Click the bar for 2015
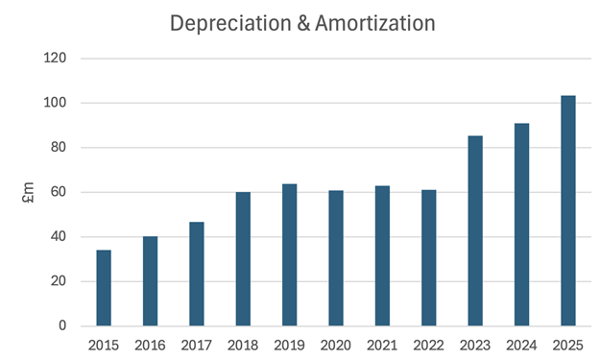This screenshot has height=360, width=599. click(x=104, y=288)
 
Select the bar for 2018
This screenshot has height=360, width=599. click(x=243, y=259)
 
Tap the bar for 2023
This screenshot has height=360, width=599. click(x=475, y=230)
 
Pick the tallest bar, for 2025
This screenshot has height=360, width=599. click(x=568, y=211)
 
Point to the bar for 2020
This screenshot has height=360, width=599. click(x=336, y=258)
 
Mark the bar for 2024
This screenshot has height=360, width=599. click(x=521, y=225)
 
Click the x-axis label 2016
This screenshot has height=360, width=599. click(x=150, y=343)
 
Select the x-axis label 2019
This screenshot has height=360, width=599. click(x=289, y=343)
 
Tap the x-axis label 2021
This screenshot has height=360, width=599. click(x=382, y=343)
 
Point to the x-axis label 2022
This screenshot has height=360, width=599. click(x=428, y=343)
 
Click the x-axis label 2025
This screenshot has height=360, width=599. click(x=568, y=343)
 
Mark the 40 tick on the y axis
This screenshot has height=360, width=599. click(x=58, y=237)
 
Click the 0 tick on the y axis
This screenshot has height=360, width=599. click(x=61, y=326)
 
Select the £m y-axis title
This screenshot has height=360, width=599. click(x=29, y=193)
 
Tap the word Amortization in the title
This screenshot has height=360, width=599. click(x=374, y=22)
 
